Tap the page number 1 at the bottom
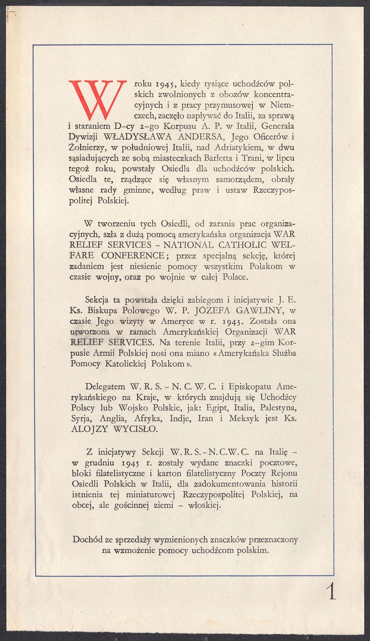[332, 591]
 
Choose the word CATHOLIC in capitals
[241, 245]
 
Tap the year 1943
[230, 321]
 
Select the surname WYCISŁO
[136, 429]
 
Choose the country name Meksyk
[244, 419]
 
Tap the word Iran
[205, 419]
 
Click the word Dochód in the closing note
[87, 540]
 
